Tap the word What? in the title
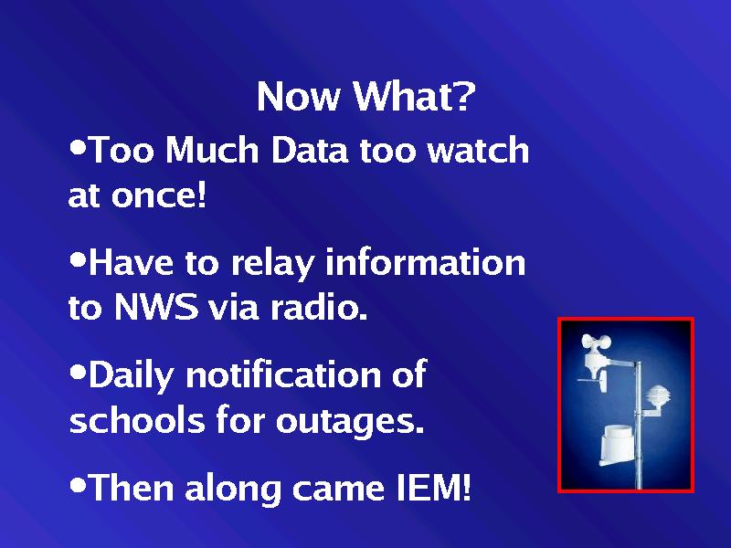pyautogui.click(x=414, y=96)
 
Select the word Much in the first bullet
pyautogui.click(x=212, y=150)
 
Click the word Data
pyautogui.click(x=310, y=150)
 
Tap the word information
pyautogui.click(x=425, y=262)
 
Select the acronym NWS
pyautogui.click(x=155, y=307)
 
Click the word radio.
pyautogui.click(x=319, y=307)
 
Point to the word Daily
pyautogui.click(x=131, y=375)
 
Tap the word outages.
pyautogui.click(x=350, y=421)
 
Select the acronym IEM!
pyautogui.click(x=433, y=487)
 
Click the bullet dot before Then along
pyautogui.click(x=78, y=484)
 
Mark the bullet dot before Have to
pyautogui.click(x=78, y=259)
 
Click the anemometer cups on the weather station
pyautogui.click(x=596, y=342)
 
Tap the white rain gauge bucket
pyautogui.click(x=617, y=445)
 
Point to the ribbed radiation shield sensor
pyautogui.click(x=657, y=397)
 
